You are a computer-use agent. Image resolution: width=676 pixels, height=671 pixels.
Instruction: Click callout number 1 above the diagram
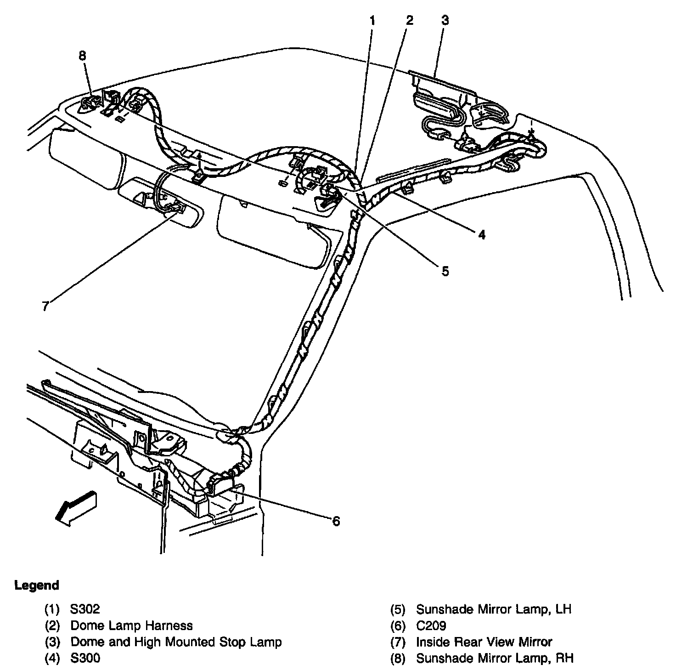click(372, 20)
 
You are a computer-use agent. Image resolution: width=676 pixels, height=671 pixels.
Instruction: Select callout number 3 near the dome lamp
click(445, 20)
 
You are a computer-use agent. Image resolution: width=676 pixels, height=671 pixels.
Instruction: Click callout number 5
click(445, 271)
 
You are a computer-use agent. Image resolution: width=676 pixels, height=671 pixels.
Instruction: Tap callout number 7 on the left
click(45, 306)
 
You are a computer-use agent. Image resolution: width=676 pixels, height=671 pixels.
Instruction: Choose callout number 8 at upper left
click(82, 56)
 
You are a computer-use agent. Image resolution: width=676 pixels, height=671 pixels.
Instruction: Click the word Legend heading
click(37, 586)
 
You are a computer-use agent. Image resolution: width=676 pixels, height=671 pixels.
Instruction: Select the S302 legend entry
click(85, 609)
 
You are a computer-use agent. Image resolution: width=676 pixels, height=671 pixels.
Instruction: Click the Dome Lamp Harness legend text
click(131, 626)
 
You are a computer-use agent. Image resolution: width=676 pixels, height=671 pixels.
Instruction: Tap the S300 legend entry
click(85, 658)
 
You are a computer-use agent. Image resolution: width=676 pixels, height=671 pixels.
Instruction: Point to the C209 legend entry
click(431, 626)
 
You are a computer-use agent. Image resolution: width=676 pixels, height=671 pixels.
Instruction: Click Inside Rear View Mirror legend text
click(484, 642)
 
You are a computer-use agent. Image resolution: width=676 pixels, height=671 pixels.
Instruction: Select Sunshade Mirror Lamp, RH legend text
click(494, 658)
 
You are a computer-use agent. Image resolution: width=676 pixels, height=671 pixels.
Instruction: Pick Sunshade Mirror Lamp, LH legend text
click(493, 609)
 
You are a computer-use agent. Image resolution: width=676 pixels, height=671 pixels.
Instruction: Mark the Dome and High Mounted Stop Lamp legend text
click(176, 642)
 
